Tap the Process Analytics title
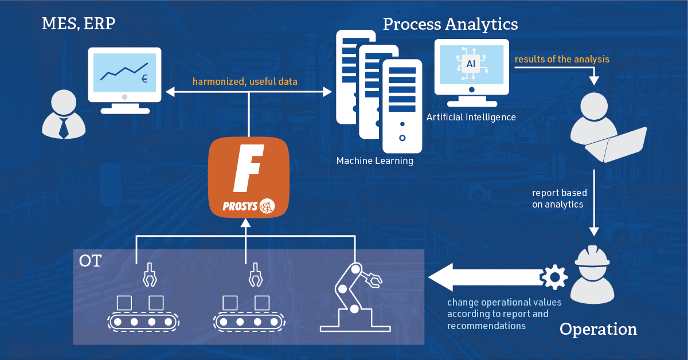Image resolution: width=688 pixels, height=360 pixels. point(450,24)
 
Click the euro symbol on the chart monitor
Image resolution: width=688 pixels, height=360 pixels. point(144,79)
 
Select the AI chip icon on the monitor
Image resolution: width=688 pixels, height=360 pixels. point(470,64)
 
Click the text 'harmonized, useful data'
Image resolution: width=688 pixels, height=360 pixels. point(245,81)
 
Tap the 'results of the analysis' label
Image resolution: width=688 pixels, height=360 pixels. point(561,59)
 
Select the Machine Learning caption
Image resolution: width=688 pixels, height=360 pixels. point(374,161)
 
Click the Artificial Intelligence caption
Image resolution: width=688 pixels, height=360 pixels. point(471,117)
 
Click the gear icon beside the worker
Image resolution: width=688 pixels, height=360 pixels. point(554,277)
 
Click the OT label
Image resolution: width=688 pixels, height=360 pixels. point(90,261)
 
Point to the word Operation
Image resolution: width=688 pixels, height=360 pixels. point(598,329)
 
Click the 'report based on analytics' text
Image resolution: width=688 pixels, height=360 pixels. point(559,198)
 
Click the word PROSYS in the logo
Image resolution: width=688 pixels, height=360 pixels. point(240,205)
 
